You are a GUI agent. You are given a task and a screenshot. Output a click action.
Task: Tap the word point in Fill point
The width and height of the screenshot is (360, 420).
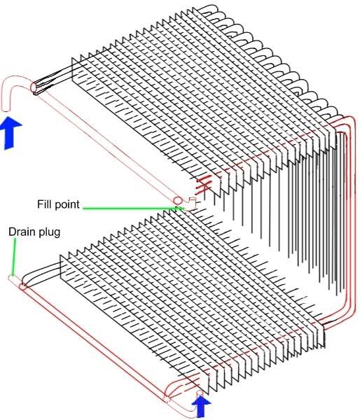(66, 205)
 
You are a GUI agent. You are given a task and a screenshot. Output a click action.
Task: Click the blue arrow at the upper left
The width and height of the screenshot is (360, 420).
(11, 133)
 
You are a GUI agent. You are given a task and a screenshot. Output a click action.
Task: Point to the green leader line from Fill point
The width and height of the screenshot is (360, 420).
(134, 208)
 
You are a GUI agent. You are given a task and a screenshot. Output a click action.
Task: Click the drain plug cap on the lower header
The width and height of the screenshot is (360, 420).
(13, 279)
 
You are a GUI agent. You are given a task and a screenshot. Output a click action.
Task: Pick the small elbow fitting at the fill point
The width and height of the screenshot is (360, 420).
(193, 203)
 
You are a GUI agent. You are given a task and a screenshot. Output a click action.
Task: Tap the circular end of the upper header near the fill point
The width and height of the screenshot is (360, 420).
(177, 200)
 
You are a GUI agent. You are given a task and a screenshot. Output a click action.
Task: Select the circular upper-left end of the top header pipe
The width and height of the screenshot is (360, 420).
(34, 87)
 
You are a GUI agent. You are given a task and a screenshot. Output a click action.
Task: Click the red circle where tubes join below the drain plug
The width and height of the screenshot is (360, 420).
(22, 287)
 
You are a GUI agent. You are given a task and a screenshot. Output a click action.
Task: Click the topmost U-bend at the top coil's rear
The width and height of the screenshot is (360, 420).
(209, 8)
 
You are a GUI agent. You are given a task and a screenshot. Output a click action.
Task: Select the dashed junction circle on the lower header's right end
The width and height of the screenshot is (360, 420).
(166, 400)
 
